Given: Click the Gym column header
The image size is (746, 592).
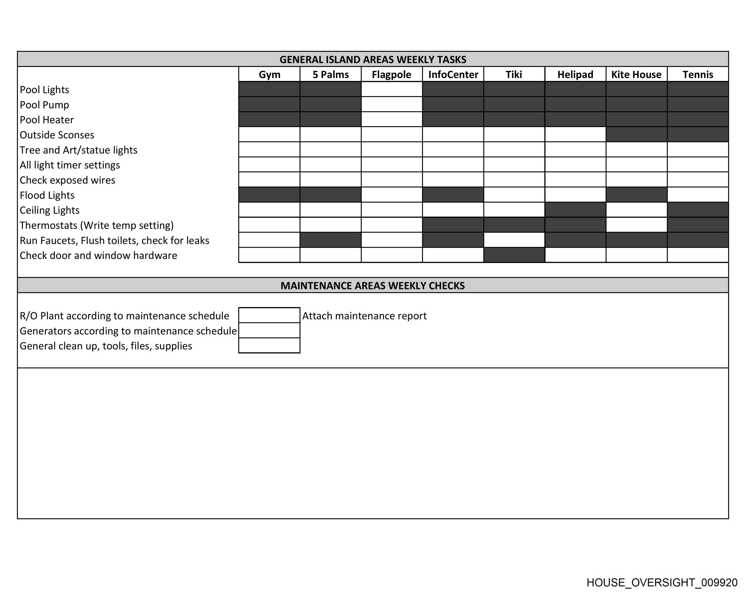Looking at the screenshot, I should (269, 74).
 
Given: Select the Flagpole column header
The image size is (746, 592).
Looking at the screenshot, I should (391, 74).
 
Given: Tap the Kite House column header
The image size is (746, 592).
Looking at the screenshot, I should (636, 74).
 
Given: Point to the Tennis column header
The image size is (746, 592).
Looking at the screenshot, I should (698, 74).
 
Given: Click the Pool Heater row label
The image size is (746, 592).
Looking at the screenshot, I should (47, 120).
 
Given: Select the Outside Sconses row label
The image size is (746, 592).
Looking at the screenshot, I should (57, 135).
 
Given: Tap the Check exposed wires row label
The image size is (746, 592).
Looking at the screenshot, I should (67, 180).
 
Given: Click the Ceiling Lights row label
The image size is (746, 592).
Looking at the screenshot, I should (50, 210).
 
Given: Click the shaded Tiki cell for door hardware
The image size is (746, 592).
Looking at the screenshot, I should (514, 255).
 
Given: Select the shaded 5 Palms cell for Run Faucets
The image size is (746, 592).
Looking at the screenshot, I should (331, 240).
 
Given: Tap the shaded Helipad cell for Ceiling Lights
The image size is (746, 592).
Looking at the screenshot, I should (575, 210).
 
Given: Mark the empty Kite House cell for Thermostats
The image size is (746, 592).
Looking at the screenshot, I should (636, 225).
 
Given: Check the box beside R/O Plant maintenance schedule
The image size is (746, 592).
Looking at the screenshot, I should (269, 315).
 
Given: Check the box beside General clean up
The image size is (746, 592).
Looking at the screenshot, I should (269, 345).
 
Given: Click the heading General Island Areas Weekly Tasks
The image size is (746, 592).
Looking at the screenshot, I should (373, 59).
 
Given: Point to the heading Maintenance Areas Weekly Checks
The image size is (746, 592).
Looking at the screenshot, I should (373, 285).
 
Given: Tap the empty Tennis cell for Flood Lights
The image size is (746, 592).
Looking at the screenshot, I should (698, 195).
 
